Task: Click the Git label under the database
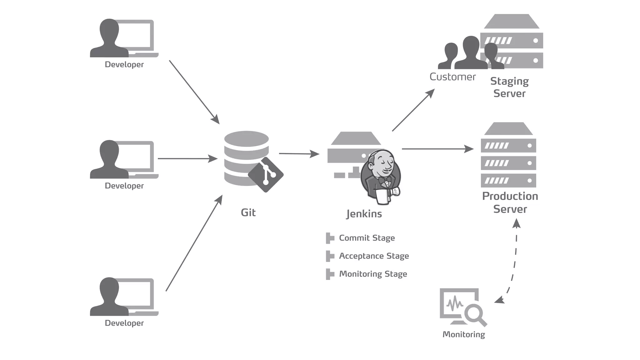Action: point(248,212)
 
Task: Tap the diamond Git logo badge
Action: point(266,174)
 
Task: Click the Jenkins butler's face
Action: point(382,165)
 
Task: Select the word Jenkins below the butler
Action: point(364,214)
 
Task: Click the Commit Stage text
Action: point(367,238)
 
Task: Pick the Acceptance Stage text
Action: point(374,256)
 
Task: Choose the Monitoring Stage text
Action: point(373,274)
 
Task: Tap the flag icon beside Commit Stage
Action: point(329,238)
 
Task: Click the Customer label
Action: point(452,77)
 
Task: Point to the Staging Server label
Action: point(509,87)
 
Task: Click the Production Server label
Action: point(510,202)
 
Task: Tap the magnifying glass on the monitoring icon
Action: point(474,314)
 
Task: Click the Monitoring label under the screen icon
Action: point(464,334)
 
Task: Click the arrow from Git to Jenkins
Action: point(298,154)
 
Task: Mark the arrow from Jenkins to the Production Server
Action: point(437,149)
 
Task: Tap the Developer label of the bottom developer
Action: point(124,323)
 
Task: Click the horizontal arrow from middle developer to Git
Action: point(187,159)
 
